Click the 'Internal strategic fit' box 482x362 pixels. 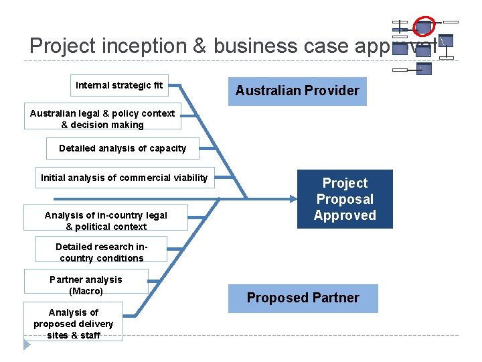tap(119, 85)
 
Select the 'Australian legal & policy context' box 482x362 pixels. tap(102, 119)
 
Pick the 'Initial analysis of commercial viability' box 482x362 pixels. tap(125, 178)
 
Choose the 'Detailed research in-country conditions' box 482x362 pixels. tap(101, 252)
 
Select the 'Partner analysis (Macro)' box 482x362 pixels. tap(86, 285)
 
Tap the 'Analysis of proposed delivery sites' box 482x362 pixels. tap(73, 324)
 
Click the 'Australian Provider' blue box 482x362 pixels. tap(297, 90)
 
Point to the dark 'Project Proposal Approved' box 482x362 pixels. tap(345, 199)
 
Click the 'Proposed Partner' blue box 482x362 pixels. tap(303, 298)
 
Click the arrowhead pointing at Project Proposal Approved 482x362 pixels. tap(294, 198)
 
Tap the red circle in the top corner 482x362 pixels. tap(424, 25)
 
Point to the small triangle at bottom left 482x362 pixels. tap(27, 345)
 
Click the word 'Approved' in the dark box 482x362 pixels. tap(345, 215)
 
